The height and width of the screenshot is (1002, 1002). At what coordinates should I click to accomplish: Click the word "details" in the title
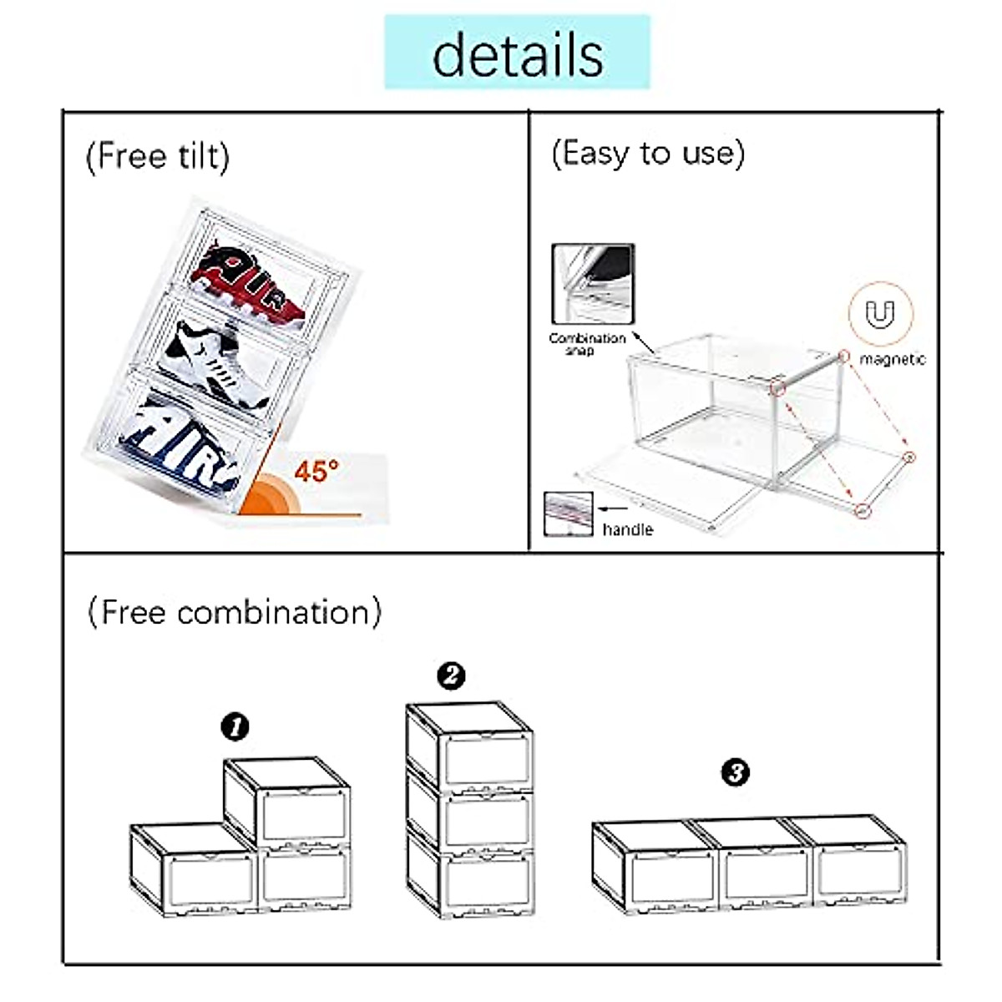coord(517,54)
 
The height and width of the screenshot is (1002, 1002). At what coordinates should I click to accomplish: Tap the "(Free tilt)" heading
coord(157,156)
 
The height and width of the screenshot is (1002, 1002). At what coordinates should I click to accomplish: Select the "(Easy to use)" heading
coord(647,154)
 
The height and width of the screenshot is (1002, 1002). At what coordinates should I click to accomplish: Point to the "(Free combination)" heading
coord(235,612)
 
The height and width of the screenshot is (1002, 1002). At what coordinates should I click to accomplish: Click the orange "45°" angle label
coord(316,471)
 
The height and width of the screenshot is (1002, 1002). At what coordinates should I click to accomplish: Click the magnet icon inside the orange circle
coord(880,315)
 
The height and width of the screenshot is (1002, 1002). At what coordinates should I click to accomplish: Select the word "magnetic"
coord(892,359)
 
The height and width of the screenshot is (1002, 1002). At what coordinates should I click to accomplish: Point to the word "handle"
coord(627,529)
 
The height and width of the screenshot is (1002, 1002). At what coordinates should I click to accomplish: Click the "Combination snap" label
coord(586,343)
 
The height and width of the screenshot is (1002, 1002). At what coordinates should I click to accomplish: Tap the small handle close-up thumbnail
coord(568,514)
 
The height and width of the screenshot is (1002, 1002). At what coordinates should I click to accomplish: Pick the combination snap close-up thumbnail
coord(593,284)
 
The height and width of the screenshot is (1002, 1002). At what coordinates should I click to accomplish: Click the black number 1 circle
coord(235,726)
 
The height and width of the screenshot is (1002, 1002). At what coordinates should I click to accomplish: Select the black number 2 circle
coord(451,675)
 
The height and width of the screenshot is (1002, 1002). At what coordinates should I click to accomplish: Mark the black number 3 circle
coord(735,772)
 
